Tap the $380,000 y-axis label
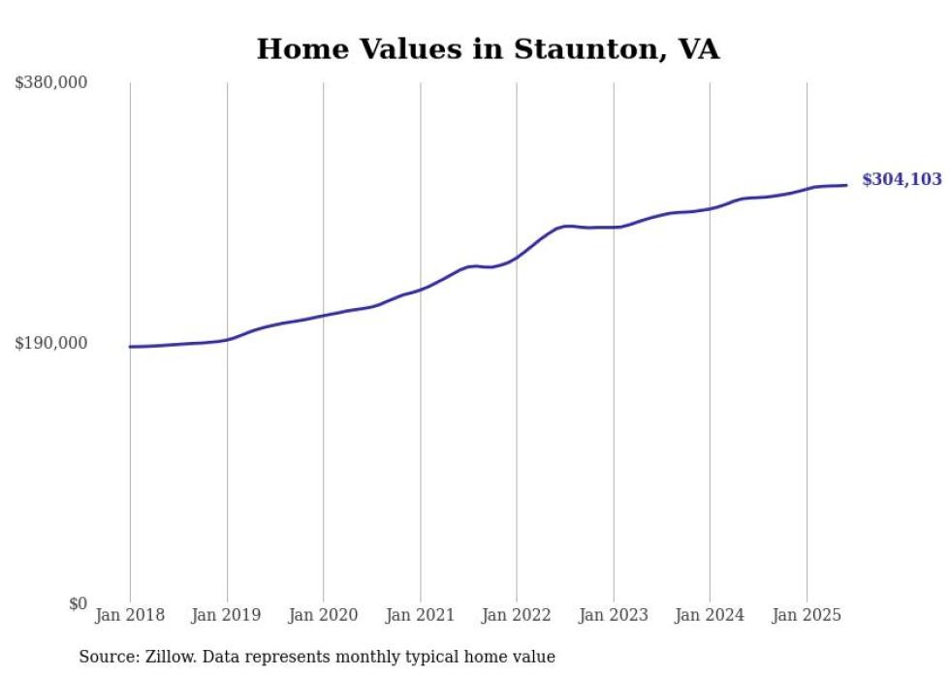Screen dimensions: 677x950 point(50,82)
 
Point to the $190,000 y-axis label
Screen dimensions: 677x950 point(50,343)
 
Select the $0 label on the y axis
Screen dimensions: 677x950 point(78,603)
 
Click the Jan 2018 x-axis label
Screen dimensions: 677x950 point(130,615)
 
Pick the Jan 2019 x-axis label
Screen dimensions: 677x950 point(227,615)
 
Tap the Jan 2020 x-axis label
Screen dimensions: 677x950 point(324,615)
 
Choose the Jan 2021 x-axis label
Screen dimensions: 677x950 point(420,615)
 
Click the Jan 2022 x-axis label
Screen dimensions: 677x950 point(517,615)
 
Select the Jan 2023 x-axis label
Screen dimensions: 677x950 point(614,615)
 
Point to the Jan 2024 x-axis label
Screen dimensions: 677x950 point(710,615)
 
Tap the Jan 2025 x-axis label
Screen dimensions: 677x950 point(807,615)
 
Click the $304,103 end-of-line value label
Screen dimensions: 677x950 point(901,179)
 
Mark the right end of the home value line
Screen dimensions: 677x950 point(847,185)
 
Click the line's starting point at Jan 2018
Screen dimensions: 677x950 point(130,346)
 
